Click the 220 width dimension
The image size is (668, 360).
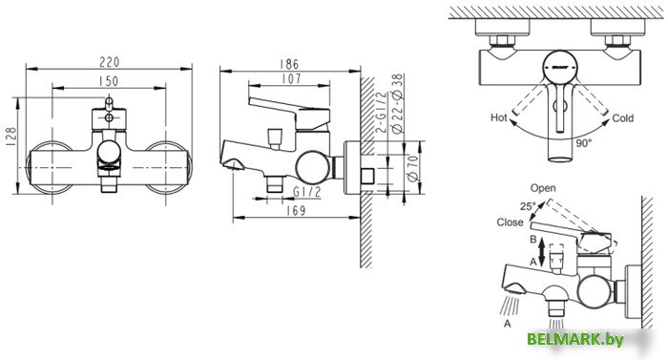point(110,62)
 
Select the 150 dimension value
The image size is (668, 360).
point(108,81)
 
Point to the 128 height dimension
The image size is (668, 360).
point(11,137)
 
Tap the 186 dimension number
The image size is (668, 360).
point(290,64)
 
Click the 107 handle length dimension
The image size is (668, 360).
point(291,79)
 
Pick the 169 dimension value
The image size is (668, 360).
point(296,211)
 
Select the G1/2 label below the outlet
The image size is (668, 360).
point(306,192)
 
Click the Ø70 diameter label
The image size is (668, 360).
point(413,168)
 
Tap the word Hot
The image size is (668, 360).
point(498,117)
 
